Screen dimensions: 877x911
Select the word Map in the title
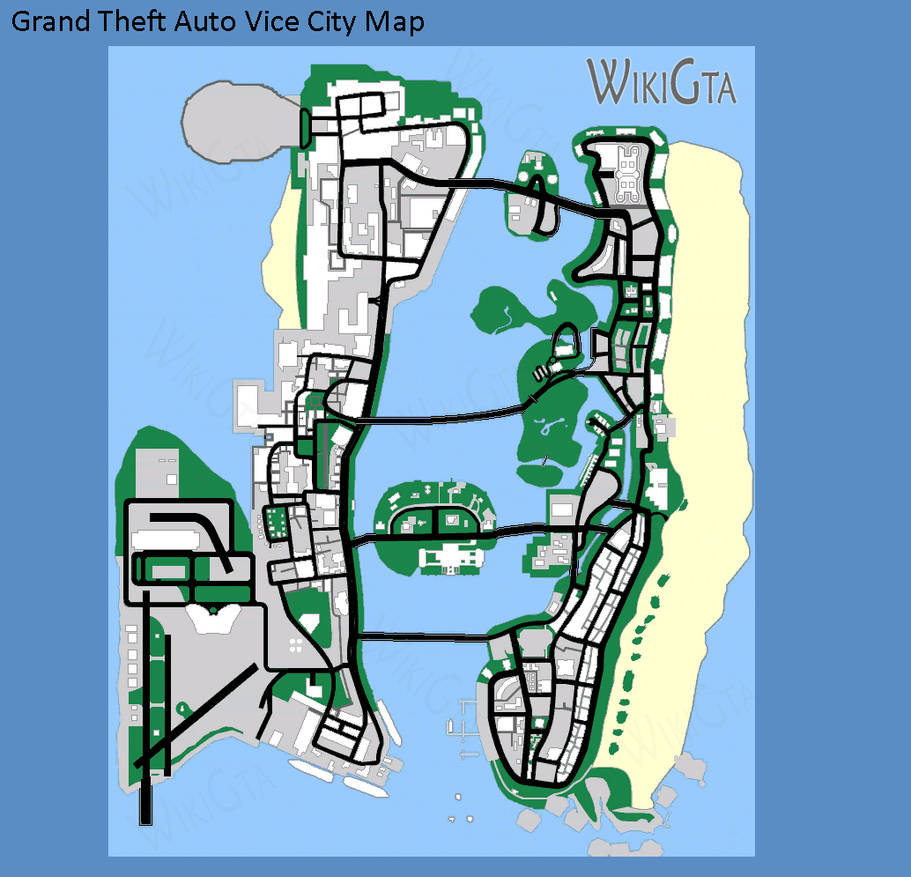(394, 21)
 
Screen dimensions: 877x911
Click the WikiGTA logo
(661, 82)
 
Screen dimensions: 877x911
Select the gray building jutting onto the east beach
(667, 428)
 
